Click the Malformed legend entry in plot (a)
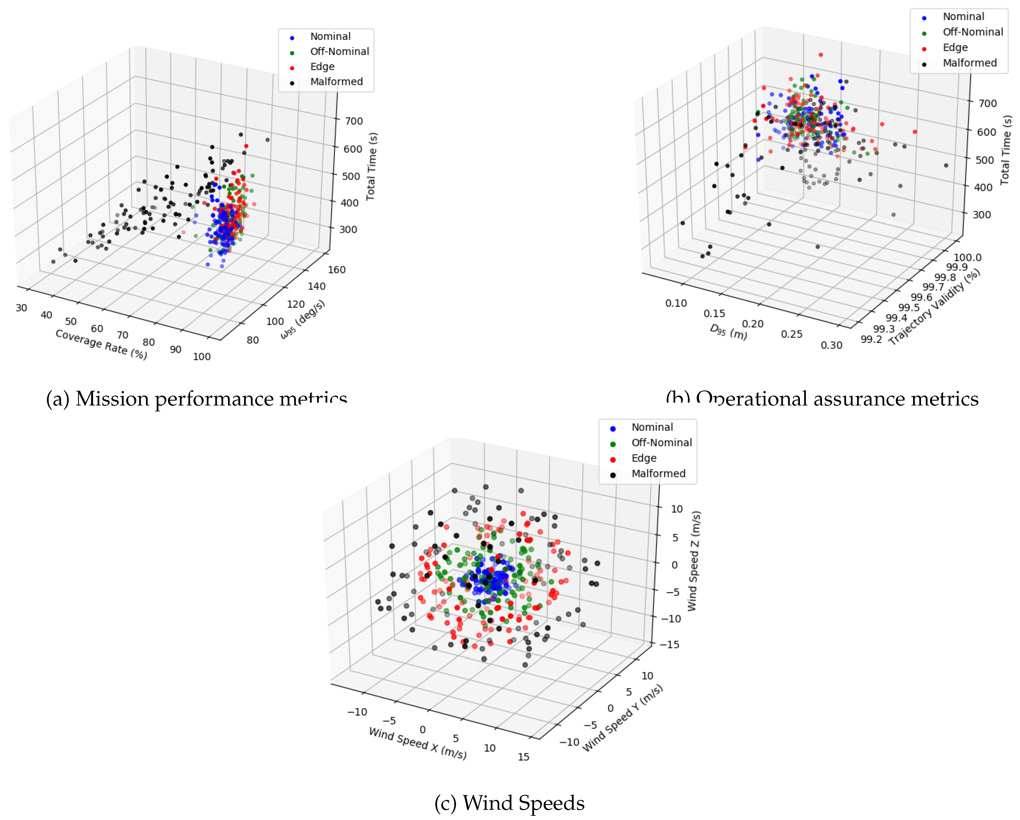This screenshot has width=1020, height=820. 336,81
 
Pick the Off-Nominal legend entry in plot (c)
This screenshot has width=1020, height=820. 661,443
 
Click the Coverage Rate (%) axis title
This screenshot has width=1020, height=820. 101,344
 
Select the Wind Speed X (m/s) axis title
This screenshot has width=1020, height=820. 417,743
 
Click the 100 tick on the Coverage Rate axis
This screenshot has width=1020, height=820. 202,357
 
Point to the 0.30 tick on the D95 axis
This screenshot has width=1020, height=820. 831,345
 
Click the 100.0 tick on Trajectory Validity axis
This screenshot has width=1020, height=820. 967,257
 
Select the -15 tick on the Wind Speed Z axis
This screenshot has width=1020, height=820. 670,645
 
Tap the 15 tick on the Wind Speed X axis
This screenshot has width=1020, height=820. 523,757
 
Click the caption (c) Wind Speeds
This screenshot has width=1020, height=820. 509,803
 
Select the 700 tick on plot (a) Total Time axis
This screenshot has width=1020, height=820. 353,121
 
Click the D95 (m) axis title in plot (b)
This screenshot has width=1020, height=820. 728,332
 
